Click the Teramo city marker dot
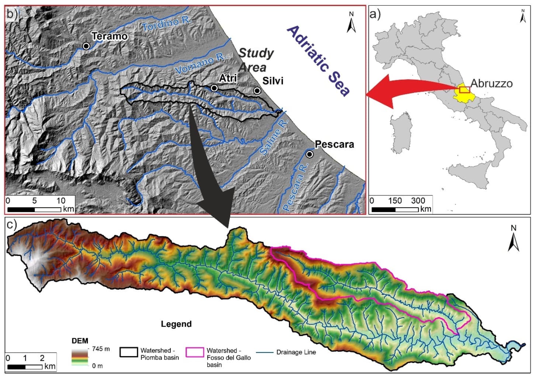(86, 46)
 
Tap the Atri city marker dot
(214, 88)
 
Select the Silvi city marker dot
(257, 91)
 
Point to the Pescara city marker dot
(310, 154)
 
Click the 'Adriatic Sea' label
(318, 61)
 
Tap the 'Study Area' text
(255, 60)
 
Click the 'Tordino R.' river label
(167, 24)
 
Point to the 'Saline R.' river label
(273, 137)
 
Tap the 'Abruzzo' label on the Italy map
(491, 83)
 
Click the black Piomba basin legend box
(129, 352)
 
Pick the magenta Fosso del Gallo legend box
(195, 352)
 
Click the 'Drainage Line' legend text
(296, 352)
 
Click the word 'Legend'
(176, 324)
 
